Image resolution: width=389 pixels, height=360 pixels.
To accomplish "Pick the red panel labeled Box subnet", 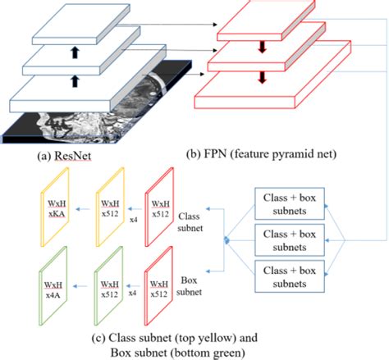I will tap(160, 283).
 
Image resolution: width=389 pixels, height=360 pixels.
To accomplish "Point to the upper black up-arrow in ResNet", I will tap(76, 50).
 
